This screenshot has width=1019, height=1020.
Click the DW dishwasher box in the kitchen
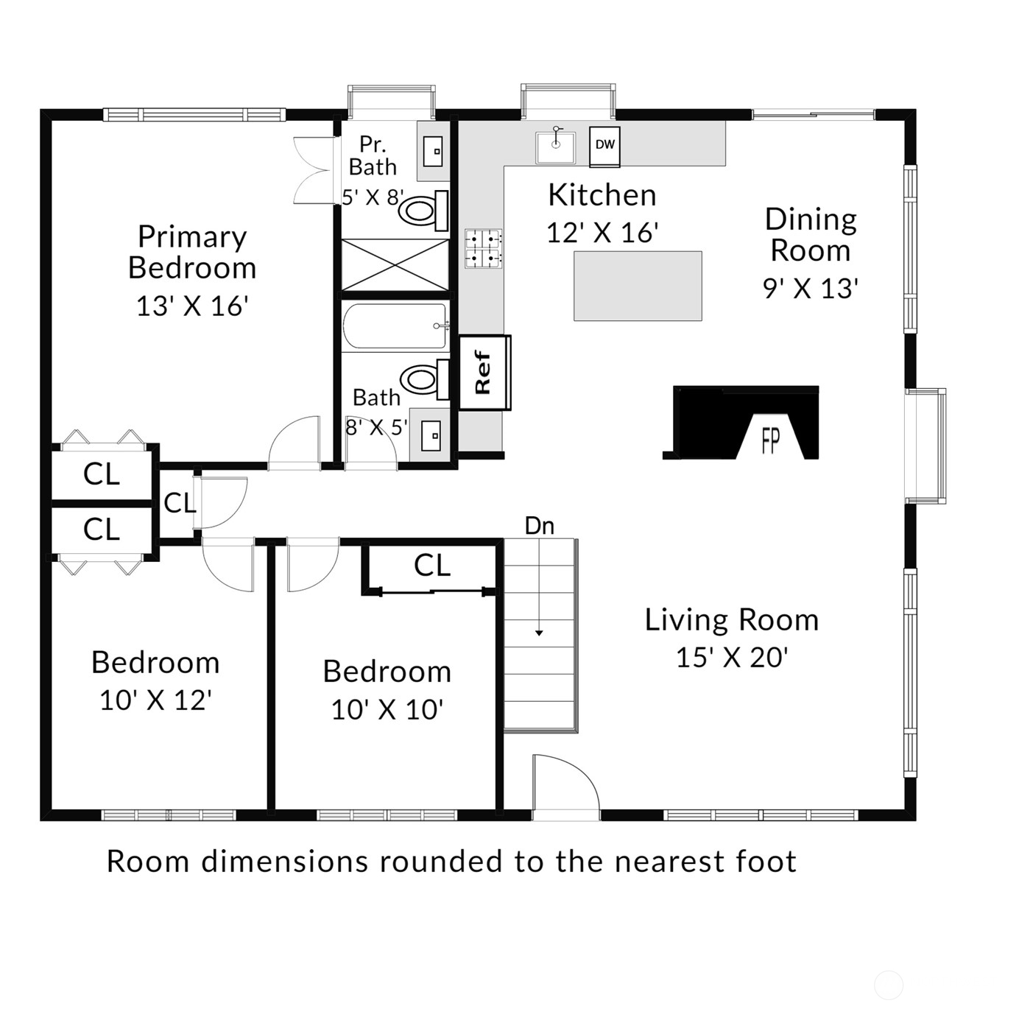point(605,146)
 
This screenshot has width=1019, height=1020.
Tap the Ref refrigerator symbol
point(484,373)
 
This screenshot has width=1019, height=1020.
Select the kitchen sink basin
point(554,148)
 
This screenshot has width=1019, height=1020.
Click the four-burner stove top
point(483,249)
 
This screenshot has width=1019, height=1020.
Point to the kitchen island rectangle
point(638,286)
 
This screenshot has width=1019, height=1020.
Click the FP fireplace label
point(770,442)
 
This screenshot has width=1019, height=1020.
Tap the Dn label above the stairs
point(540,526)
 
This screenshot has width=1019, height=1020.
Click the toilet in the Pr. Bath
point(423,211)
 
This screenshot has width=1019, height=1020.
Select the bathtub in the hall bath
point(395,326)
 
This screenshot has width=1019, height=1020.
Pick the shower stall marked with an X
point(395,264)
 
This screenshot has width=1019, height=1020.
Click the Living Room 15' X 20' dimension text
point(732,658)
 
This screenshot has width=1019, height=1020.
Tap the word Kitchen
point(602,194)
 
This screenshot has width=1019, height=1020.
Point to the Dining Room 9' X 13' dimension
point(811,289)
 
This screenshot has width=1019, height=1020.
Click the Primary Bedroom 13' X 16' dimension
point(192,306)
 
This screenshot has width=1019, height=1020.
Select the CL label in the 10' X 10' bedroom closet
point(432,566)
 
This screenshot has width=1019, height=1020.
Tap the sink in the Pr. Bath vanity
point(433,152)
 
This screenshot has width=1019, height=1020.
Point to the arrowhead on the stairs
point(539,633)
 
